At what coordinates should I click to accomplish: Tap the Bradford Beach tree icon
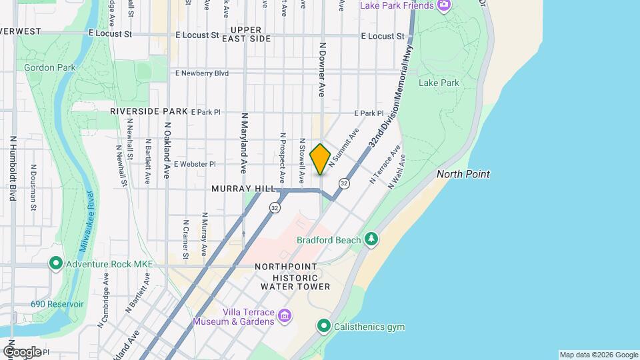coord(371,239)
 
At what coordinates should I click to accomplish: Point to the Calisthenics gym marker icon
coord(324,327)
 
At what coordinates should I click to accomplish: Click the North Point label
coord(463,174)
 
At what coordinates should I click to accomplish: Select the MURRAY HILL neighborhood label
coord(243,189)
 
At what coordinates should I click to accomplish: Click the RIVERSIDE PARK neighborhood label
coord(149,111)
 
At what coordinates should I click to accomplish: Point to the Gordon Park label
coord(50,67)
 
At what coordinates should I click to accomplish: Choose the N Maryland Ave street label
coord(245,140)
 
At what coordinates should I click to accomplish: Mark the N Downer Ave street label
coord(322,70)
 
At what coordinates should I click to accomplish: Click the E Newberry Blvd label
coord(202,73)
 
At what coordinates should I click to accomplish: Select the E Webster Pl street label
coord(195,164)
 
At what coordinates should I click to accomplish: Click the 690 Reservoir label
coord(57,304)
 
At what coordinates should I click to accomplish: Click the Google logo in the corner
coord(22,351)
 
